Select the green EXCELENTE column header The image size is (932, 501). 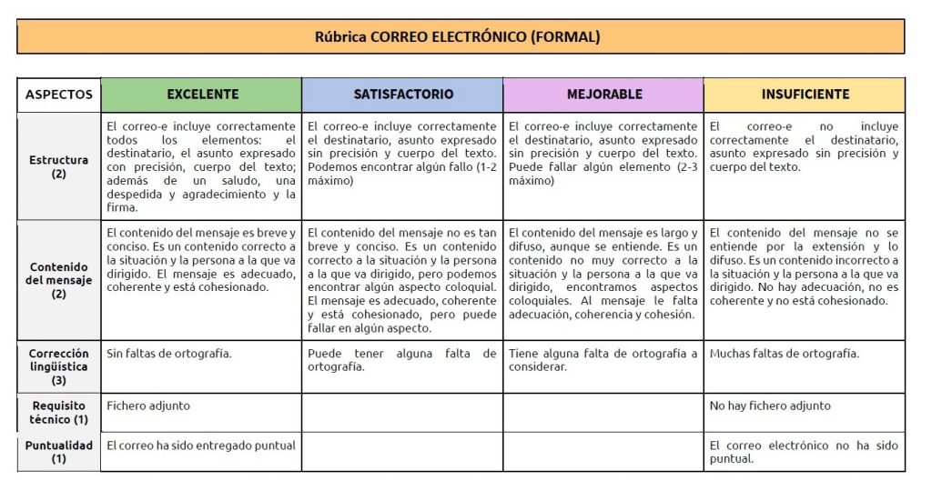(202, 95)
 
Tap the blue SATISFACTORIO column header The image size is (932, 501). (402, 95)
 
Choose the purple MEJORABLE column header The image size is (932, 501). (603, 95)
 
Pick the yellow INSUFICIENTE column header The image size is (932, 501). (805, 95)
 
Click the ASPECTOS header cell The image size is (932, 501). (59, 95)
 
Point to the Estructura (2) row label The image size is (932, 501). (59, 166)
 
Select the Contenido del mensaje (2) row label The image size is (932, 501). (59, 280)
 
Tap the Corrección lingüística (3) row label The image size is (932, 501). (59, 367)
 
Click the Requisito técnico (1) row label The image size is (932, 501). (59, 412)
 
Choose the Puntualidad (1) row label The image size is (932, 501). (59, 452)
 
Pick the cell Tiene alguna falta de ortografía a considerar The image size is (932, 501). (603, 360)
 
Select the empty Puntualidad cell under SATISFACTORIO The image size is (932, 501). (402, 452)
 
